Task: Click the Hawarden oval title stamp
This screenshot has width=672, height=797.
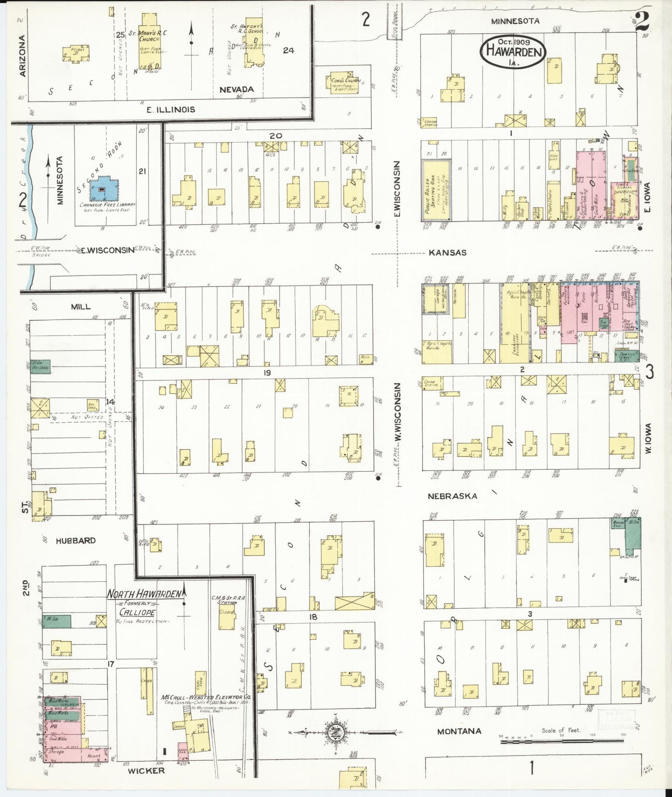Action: point(513,52)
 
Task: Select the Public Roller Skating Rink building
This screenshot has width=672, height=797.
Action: point(436,190)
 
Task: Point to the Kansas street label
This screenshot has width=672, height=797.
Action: point(447,252)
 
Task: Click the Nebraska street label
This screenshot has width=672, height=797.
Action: point(452,496)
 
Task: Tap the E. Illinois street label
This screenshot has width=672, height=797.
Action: point(171,110)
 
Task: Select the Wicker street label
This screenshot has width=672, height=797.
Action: point(146,770)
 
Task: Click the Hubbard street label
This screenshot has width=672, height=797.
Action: point(76,540)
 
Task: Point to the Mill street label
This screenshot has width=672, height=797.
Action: point(80,307)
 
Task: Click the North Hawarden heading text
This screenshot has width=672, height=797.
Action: point(144,594)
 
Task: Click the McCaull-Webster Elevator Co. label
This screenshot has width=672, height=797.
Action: point(206,697)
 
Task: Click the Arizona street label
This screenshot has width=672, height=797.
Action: point(21,56)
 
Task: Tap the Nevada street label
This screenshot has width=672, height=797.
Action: point(236,89)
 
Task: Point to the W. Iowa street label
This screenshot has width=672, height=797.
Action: point(648,439)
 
